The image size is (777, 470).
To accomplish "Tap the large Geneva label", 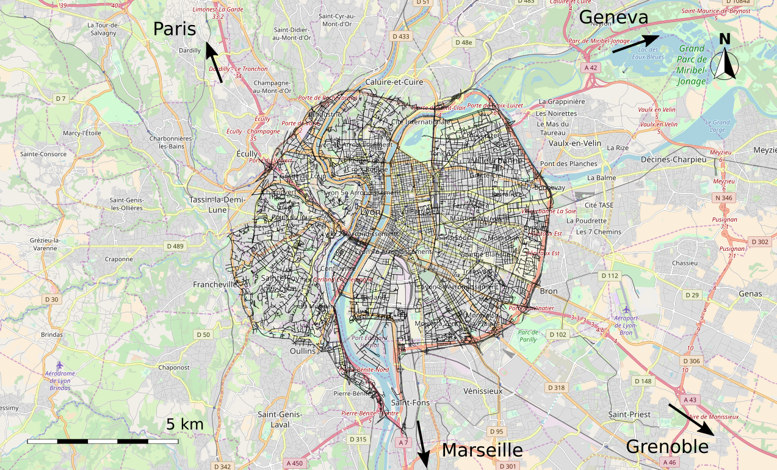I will click(613, 17).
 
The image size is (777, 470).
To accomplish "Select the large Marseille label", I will click(482, 450).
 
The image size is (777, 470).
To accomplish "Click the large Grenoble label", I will click(667, 447).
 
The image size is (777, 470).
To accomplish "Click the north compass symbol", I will click(725, 60).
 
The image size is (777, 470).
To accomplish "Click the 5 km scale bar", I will click(103, 440).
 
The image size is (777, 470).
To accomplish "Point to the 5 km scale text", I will click(184, 424).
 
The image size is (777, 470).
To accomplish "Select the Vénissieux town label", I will click(482, 391).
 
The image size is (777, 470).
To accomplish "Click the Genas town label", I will click(750, 294).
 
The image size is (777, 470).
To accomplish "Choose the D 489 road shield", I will click(176, 246).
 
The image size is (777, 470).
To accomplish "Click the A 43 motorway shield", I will click(690, 400).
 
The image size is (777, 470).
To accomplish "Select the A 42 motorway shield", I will click(589, 67).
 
